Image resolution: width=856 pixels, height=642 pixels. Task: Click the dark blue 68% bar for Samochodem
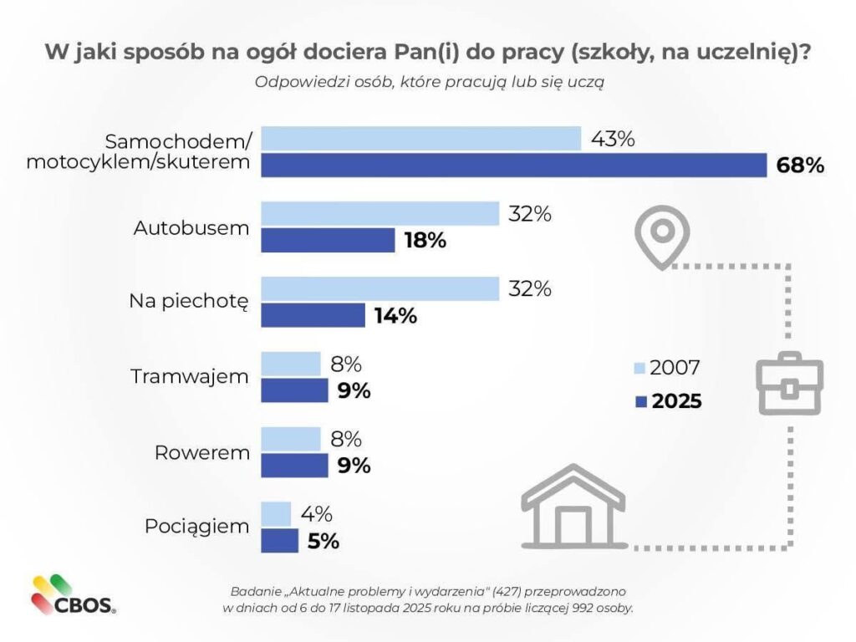pyautogui.click(x=514, y=165)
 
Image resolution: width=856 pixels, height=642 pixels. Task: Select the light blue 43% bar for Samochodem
pyautogui.click(x=421, y=139)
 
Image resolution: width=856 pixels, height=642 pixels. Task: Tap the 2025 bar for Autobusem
pyautogui.click(x=328, y=240)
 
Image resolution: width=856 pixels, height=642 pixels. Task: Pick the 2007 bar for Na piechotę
pyautogui.click(x=380, y=289)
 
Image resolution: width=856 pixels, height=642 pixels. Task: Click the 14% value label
pyautogui.click(x=395, y=316)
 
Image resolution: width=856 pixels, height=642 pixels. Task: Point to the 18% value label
pyautogui.click(x=425, y=241)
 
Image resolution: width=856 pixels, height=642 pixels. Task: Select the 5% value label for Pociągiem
pyautogui.click(x=323, y=541)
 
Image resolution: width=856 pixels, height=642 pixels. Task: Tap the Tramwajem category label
pyautogui.click(x=190, y=376)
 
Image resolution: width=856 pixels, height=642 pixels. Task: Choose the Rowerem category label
pyautogui.click(x=201, y=452)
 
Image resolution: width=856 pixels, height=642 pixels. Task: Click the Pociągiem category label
pyautogui.click(x=196, y=527)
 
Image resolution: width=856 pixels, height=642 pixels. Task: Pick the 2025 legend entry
pyautogui.click(x=668, y=401)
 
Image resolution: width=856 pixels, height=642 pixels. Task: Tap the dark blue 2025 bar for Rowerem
pyautogui.click(x=295, y=466)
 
